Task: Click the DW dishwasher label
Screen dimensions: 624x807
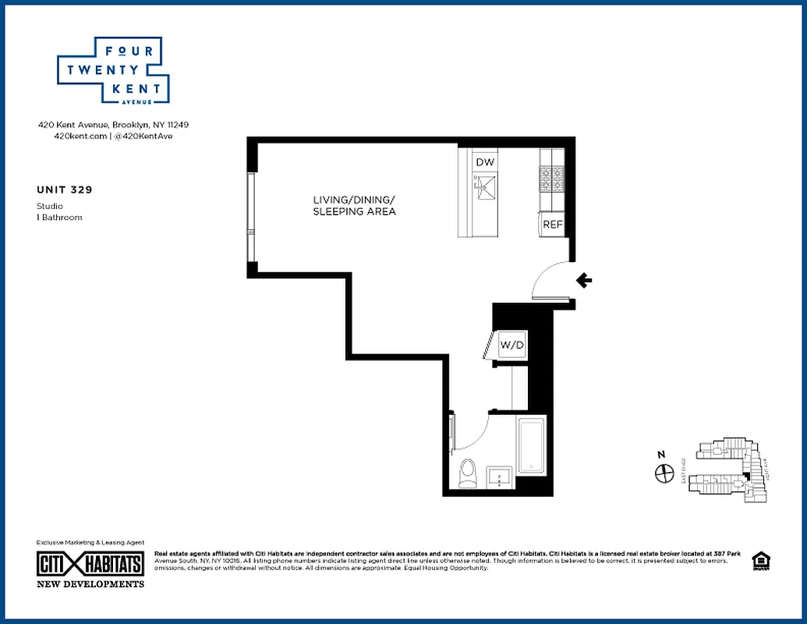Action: click(485, 162)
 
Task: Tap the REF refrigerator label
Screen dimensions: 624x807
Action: click(552, 225)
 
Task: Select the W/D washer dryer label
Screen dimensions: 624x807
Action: click(511, 344)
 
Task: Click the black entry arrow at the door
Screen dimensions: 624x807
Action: click(583, 281)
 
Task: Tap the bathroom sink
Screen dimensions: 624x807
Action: click(499, 476)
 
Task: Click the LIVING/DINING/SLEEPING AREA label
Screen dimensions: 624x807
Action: click(355, 206)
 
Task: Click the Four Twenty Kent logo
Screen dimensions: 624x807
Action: click(114, 71)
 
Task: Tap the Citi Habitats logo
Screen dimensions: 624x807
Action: click(90, 563)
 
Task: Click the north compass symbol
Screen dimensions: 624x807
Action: click(664, 472)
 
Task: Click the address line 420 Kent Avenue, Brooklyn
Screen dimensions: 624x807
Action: click(114, 125)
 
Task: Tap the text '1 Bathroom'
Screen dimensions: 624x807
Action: click(59, 217)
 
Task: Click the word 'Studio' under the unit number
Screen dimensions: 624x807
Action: click(50, 206)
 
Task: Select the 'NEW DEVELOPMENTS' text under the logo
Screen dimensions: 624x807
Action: click(90, 583)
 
